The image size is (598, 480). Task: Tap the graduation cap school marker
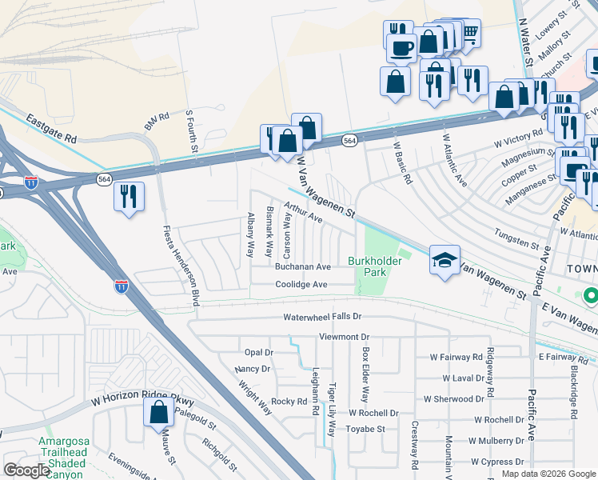445,260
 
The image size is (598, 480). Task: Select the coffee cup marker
400,47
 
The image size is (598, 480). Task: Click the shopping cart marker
469,33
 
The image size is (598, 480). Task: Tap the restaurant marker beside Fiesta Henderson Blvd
129,195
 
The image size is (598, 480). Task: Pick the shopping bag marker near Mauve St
159,412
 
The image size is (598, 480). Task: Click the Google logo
26,470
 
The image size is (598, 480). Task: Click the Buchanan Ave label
302,266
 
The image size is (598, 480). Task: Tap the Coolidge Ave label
301,284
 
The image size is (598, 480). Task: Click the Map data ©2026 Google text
548,474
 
